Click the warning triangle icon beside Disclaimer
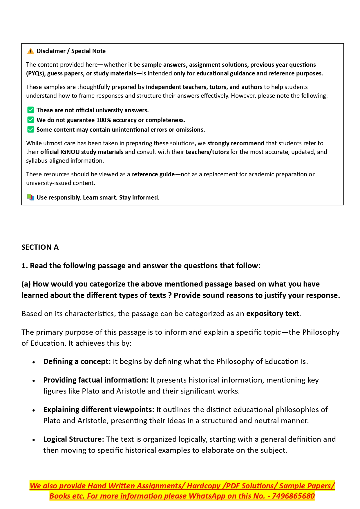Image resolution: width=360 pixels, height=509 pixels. [30, 51]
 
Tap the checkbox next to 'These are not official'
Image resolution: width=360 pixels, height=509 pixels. [30, 110]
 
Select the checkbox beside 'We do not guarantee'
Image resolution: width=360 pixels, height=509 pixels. [30, 120]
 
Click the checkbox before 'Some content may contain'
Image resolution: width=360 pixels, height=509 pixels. [30, 129]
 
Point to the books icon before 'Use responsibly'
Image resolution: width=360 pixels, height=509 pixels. [30, 198]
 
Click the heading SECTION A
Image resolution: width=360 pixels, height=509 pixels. [40, 247]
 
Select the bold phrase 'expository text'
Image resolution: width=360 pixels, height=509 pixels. [272, 314]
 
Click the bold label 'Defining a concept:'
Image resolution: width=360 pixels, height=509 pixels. [77, 361]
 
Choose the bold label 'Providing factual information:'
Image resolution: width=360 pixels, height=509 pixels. [96, 380]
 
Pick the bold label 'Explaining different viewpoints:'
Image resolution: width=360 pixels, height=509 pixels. [99, 410]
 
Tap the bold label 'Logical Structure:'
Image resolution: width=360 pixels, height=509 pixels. [74, 439]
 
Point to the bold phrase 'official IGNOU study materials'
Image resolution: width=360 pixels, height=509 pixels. [82, 152]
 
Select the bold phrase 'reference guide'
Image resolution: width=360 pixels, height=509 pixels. [153, 174]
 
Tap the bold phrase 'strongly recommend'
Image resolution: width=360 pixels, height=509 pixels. [236, 143]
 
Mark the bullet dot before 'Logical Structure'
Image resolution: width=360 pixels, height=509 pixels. [34, 440]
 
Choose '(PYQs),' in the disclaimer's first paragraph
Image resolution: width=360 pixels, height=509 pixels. [36, 73]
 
